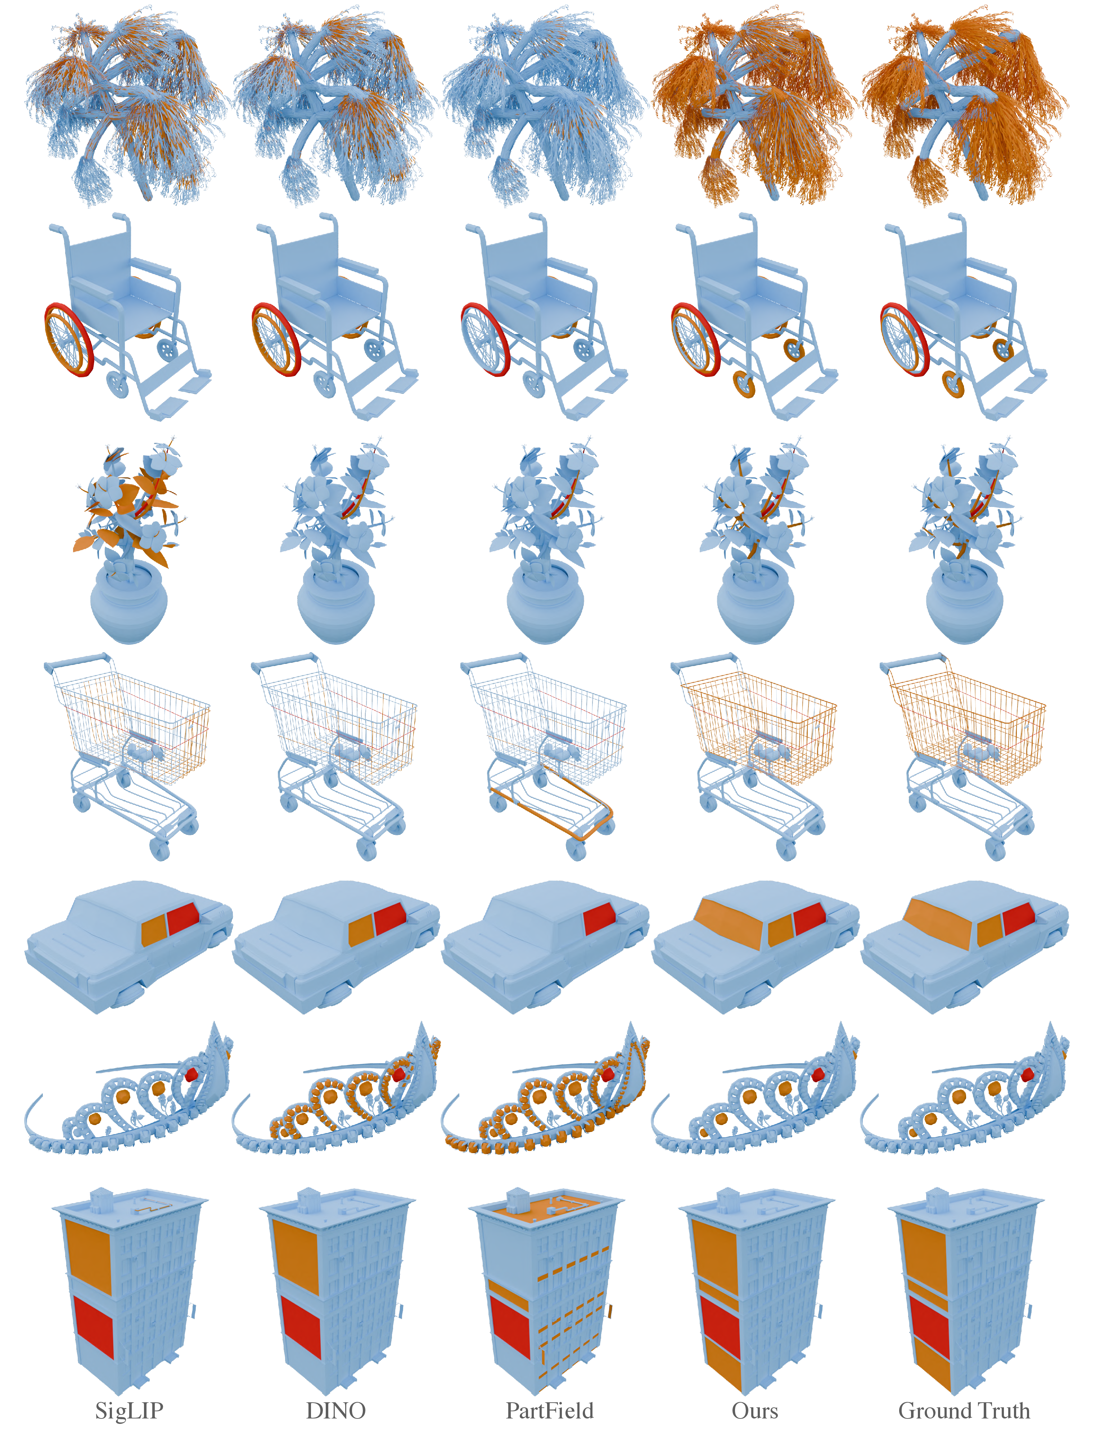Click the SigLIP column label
[x=129, y=1410]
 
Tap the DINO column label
[x=336, y=1410]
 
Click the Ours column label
[x=755, y=1410]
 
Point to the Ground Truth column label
[x=964, y=1410]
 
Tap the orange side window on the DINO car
[x=361, y=930]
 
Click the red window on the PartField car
[x=599, y=919]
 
